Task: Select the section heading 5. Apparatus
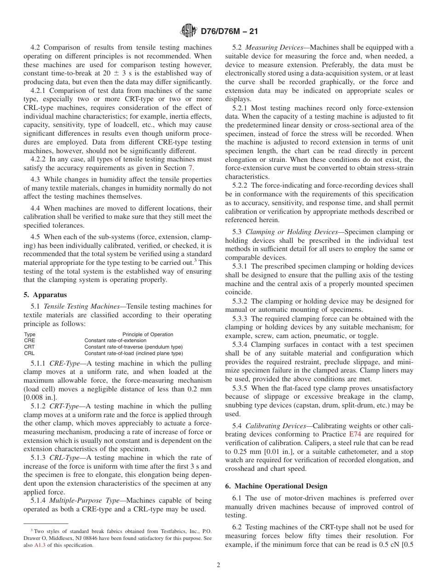click(x=45, y=295)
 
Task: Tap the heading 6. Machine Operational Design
click(x=275, y=486)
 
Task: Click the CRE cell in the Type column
click(x=29, y=341)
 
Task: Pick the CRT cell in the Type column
click(x=29, y=347)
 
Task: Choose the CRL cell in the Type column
click(x=29, y=353)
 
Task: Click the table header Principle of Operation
click(x=148, y=334)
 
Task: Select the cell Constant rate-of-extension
click(x=115, y=341)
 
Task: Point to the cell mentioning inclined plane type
click(x=133, y=353)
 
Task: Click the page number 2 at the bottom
click(x=218, y=565)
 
